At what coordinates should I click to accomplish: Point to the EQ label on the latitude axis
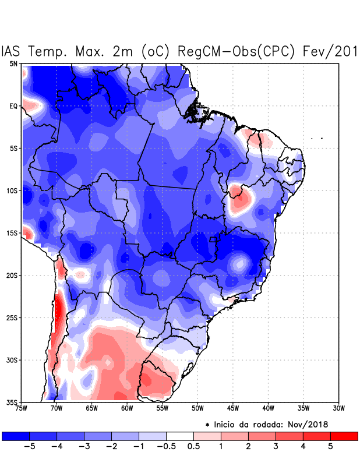pos(13,106)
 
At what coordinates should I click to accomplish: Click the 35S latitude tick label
pos(12,402)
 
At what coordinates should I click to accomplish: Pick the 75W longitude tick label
pos(22,408)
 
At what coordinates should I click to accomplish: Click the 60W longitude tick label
pos(126,408)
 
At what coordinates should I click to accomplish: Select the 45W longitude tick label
pos(233,408)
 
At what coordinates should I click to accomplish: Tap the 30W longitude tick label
pos(338,408)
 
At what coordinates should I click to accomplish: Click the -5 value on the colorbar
pos(29,447)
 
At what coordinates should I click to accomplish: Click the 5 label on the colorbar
pos(330,447)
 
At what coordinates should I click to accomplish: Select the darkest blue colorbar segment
pos(15,436)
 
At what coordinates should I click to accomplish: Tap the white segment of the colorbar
pos(180,436)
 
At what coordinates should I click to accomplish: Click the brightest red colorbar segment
pos(344,436)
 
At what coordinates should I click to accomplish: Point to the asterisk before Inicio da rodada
pos(207,425)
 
